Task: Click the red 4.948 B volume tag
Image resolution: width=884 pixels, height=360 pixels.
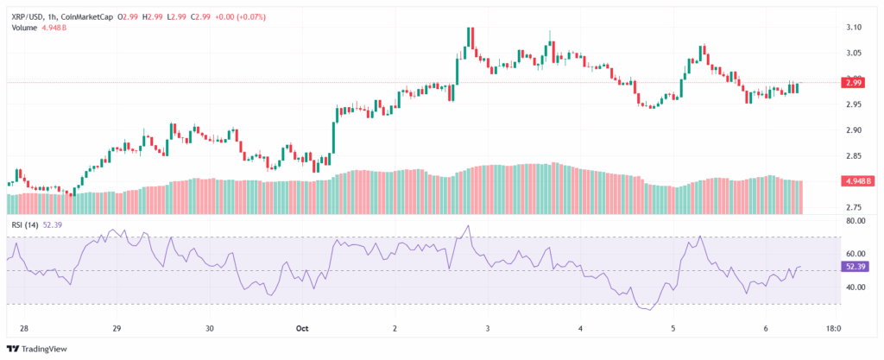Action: point(857,181)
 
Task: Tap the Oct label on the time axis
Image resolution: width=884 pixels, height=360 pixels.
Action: point(302,329)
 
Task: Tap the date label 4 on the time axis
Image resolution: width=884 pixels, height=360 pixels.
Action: point(581,329)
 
